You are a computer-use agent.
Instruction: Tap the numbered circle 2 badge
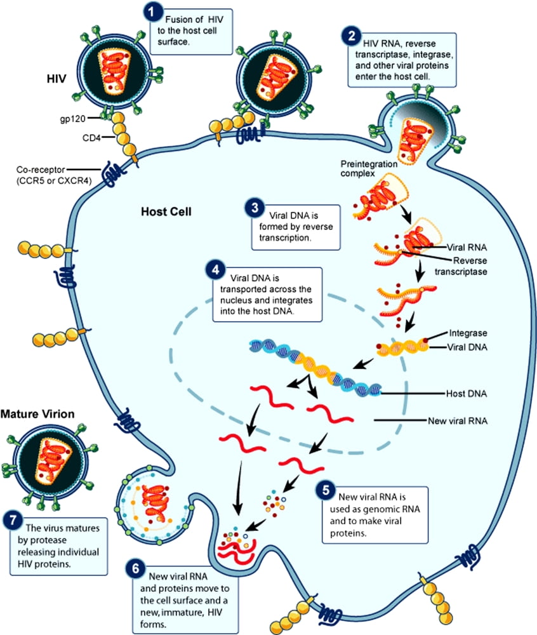pos(348,36)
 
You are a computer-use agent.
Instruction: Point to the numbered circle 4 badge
pos(214,270)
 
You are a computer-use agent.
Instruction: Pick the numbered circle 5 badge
pos(325,490)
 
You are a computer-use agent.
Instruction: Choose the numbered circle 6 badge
pos(136,569)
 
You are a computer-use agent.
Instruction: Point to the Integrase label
pos(468,333)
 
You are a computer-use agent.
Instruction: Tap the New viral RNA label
pos(457,420)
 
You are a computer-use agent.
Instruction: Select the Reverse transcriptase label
pos(461,266)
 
